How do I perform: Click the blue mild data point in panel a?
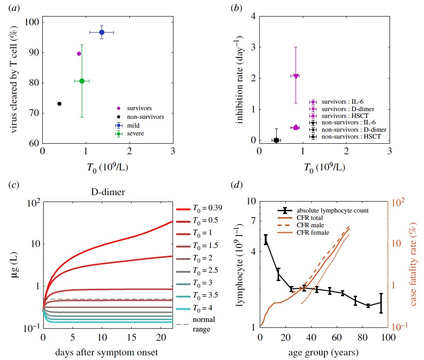point(102,32)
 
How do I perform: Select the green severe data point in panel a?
point(82,81)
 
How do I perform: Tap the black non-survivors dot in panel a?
point(59,104)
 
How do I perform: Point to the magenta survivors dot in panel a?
point(79,54)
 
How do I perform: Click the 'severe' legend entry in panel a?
point(138,134)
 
